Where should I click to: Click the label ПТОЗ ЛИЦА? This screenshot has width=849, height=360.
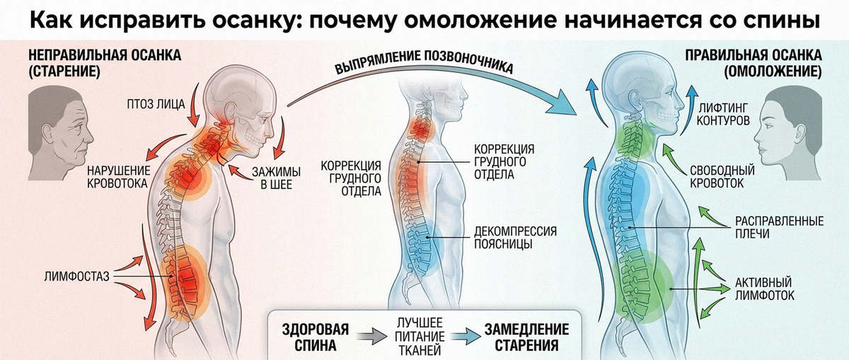point(156,104)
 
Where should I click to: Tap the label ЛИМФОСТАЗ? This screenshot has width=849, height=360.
point(76,277)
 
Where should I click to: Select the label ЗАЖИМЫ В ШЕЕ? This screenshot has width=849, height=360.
point(277,178)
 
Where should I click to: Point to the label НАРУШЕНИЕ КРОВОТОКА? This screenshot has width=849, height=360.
point(118,177)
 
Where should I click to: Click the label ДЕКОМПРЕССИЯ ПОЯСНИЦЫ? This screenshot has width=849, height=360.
point(516,237)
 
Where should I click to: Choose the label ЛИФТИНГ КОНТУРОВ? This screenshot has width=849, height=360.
point(723,114)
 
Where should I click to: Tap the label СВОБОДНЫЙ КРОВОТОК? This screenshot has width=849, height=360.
point(722,177)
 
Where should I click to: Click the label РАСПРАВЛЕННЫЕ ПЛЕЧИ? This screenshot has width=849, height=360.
point(779,227)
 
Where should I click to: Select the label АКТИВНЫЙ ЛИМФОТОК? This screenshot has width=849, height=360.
point(765,289)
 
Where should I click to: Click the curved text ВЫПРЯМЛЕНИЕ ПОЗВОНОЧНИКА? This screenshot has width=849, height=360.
point(424,62)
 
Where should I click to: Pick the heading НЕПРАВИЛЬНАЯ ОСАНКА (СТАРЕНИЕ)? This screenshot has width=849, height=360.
point(105,63)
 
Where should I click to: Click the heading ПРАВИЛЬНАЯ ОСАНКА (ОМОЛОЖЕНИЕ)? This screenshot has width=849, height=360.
point(753,63)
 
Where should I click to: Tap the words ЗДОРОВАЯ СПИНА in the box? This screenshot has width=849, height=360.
point(316,337)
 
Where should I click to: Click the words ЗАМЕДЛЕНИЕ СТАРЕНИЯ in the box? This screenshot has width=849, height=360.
point(526,337)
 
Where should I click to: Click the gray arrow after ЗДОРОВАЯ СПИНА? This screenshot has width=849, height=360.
point(372,337)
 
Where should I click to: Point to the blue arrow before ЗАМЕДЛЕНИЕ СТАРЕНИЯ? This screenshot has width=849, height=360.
point(466,337)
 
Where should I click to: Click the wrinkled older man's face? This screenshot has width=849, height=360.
point(61,133)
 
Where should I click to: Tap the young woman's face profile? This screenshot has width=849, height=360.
point(787,133)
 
